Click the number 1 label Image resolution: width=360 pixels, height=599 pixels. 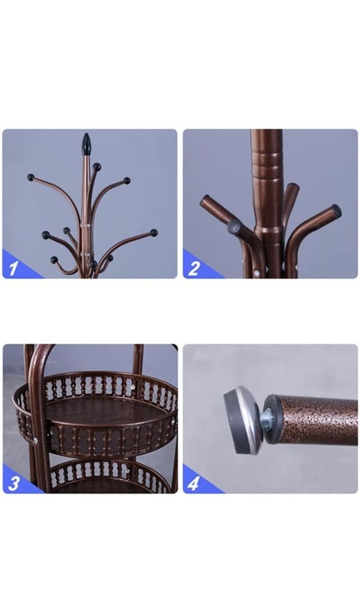tap(13, 268)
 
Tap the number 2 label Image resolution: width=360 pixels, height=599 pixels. tap(193, 268)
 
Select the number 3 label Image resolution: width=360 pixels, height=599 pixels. tap(14, 483)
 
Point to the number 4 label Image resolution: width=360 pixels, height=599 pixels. tap(193, 483)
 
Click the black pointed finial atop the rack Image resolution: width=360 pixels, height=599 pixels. tap(86, 144)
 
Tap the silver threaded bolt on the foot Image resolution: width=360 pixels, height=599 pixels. tap(267, 418)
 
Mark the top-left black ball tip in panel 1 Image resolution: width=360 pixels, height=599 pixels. tap(31, 177)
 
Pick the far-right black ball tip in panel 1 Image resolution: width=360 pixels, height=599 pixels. tap(153, 232)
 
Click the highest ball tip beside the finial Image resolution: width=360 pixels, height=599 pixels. tap(96, 167)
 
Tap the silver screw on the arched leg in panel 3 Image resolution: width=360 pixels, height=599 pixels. tap(35, 441)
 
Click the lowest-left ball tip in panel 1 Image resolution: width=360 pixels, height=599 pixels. tap(54, 260)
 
